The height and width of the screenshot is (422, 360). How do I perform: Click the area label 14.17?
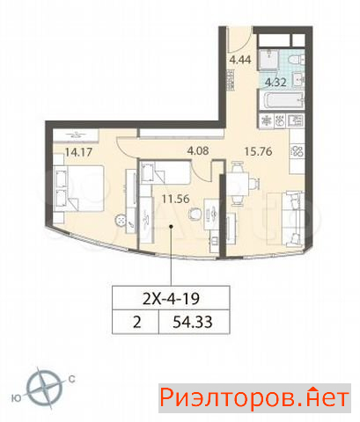pyautogui.click(x=78, y=152)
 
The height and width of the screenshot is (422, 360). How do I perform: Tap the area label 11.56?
pyautogui.click(x=176, y=199)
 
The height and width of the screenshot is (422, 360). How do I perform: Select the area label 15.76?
pyautogui.click(x=258, y=151)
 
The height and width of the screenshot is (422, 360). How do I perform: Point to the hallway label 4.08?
pyautogui.click(x=198, y=150)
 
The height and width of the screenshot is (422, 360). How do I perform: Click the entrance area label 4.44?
pyautogui.click(x=240, y=60)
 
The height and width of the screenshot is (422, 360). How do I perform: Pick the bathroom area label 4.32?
pyautogui.click(x=276, y=82)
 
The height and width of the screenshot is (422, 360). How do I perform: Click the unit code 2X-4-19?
pyautogui.click(x=171, y=298)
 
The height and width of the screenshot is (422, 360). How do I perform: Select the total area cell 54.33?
pyautogui.click(x=193, y=322)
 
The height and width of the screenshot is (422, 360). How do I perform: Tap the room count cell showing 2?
pyautogui.click(x=137, y=322)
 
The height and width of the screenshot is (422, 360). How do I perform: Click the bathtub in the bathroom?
pyautogui.click(x=281, y=100)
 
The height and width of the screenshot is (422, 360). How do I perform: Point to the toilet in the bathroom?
pyautogui.click(x=297, y=60)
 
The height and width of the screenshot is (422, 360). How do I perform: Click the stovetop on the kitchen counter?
pyautogui.click(x=297, y=151)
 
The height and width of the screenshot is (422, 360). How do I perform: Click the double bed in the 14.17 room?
pyautogui.click(x=78, y=188)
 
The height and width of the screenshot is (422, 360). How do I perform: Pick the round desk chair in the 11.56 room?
pyautogui.click(x=195, y=212)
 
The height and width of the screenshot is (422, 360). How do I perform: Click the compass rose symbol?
pyautogui.click(x=45, y=389)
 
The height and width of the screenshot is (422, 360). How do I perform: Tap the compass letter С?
pyautogui.click(x=71, y=379)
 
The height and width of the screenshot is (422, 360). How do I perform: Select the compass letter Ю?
pyautogui.click(x=17, y=398)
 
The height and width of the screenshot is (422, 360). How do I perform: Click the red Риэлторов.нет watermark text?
pyautogui.click(x=254, y=398)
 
